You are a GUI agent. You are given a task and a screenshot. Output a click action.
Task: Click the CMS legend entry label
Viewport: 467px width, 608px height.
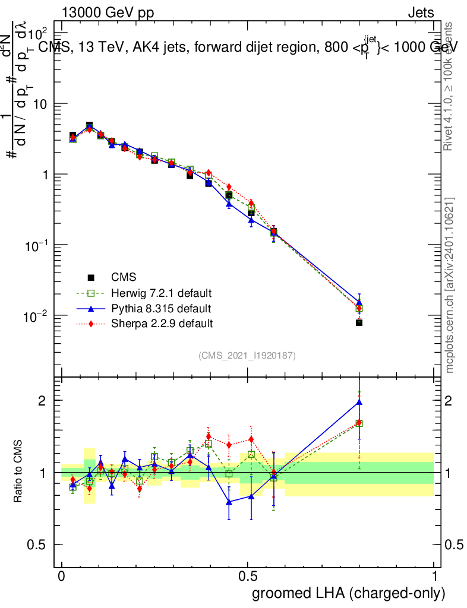click(124, 277)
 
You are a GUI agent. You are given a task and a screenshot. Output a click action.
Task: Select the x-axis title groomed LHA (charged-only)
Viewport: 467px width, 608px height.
click(349, 594)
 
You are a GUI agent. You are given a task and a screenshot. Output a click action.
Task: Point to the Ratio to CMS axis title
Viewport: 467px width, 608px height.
click(18, 473)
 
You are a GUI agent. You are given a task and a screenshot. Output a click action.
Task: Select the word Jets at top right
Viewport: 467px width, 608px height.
click(421, 13)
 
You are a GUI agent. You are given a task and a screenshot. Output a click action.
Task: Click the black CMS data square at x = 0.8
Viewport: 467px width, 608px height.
click(359, 322)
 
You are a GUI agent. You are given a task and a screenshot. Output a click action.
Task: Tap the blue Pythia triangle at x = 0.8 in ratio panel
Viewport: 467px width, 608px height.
click(359, 402)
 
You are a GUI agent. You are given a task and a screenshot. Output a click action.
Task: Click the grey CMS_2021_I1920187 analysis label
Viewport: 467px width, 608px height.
click(247, 355)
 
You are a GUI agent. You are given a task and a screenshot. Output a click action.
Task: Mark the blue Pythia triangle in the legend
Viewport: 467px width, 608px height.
click(91, 309)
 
